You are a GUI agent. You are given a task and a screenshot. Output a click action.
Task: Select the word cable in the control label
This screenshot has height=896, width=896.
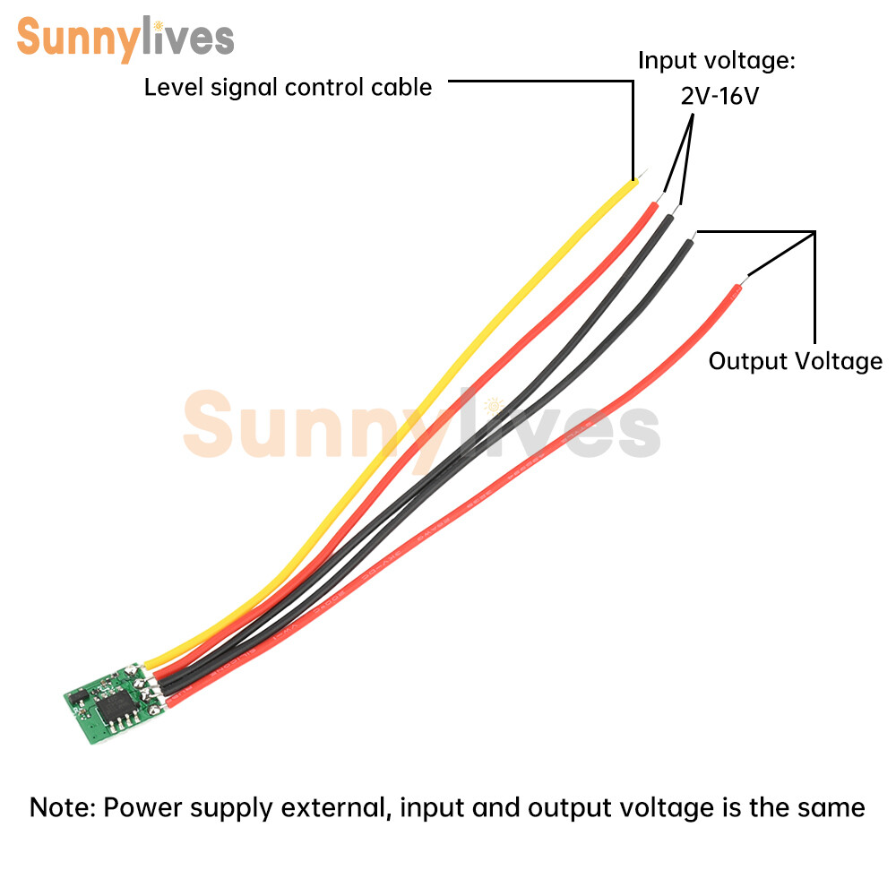pyautogui.click(x=401, y=87)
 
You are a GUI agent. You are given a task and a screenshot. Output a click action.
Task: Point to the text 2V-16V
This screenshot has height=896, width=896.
pyautogui.click(x=719, y=96)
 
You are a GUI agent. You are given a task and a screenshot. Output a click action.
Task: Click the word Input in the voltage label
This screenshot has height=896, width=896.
pyautogui.click(x=667, y=61)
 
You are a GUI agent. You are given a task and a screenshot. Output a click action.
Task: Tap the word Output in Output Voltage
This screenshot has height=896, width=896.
pyautogui.click(x=748, y=361)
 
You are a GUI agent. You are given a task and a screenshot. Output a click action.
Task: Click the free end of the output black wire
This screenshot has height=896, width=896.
pyautogui.click(x=693, y=236)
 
